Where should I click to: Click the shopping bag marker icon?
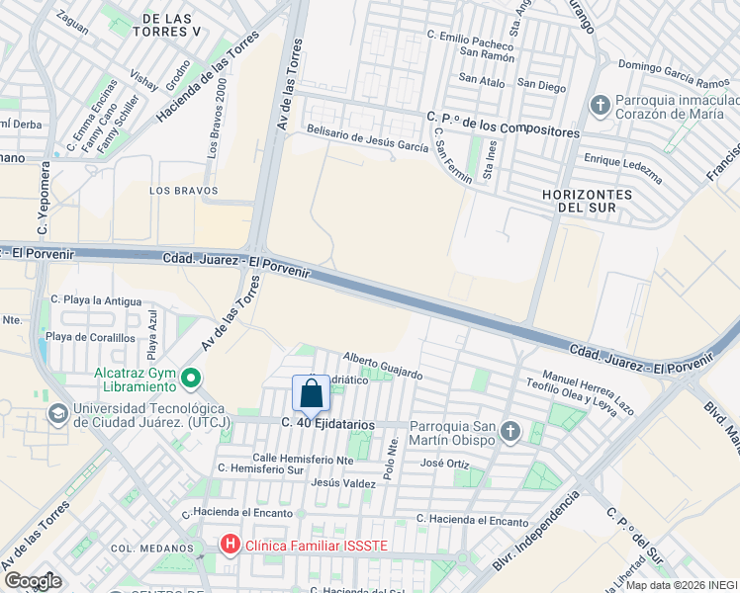[x=311, y=393]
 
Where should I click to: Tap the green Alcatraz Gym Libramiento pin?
[x=191, y=377]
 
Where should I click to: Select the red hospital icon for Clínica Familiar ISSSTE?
[x=230, y=544]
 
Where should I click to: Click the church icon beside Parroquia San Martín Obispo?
[x=510, y=430]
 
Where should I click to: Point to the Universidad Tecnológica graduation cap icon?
[x=57, y=412]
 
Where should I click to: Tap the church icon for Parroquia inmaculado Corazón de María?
[x=600, y=105]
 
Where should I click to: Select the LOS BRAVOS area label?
[x=177, y=189]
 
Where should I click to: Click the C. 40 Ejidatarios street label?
[x=328, y=423]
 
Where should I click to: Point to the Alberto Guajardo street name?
[x=383, y=366]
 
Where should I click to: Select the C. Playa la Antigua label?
[x=96, y=298]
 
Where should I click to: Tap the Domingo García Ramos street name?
[x=673, y=74]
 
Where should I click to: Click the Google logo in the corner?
[x=33, y=581]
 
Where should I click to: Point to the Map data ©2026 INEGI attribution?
[x=682, y=585]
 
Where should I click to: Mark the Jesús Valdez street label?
[x=343, y=483]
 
